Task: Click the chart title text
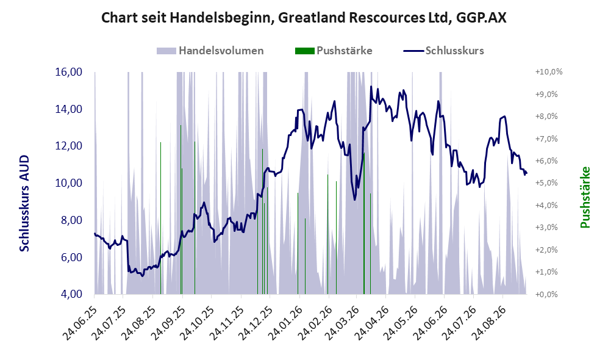tap(304, 18)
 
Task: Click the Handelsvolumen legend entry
tap(210, 51)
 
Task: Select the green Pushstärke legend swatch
tap(304, 51)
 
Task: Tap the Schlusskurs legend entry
tap(443, 51)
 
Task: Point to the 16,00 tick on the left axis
tap(69, 72)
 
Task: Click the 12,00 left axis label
tap(69, 146)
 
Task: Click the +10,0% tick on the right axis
tap(549, 72)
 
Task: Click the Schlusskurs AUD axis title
tap(24, 203)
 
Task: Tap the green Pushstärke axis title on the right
tap(585, 198)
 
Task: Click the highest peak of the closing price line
tap(371, 87)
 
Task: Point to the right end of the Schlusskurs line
tap(526, 173)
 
